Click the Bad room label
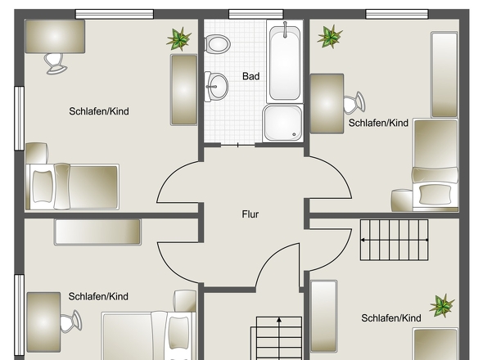[x=251, y=76]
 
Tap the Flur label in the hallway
[x=250, y=214]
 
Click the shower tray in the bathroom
[x=282, y=123]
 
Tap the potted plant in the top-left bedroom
[x=179, y=38]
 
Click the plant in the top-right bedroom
[x=330, y=35]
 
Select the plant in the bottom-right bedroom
[x=442, y=306]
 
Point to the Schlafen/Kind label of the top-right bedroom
[x=378, y=123]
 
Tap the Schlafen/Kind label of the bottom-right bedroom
[x=390, y=317]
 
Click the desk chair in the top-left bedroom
[x=55, y=61]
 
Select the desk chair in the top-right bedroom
[x=354, y=103]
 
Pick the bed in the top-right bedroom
[x=434, y=164]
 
